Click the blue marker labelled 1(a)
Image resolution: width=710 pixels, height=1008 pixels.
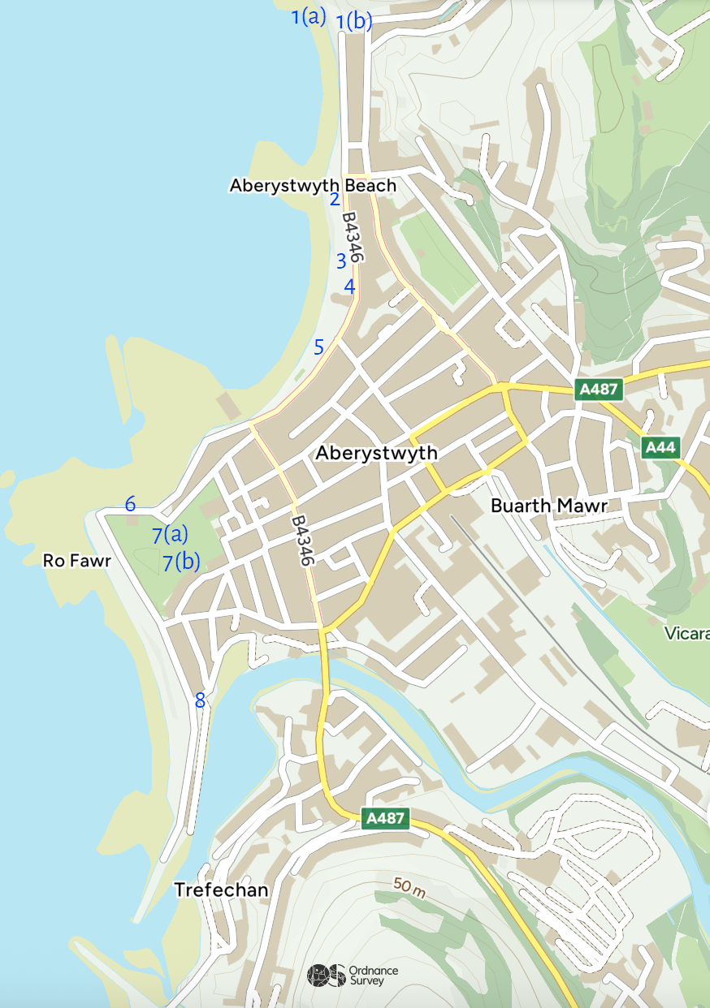coord(309,15)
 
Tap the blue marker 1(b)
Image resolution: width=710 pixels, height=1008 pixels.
coord(354,21)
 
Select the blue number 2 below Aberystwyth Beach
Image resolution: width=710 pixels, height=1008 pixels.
coord(335,199)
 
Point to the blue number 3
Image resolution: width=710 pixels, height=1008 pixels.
coord(341,261)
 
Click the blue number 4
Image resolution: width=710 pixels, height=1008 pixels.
coord(349,286)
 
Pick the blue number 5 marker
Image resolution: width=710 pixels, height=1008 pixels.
coord(319,347)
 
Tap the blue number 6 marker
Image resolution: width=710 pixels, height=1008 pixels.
coord(130,504)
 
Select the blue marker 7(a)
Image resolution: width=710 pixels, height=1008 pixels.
coord(170,535)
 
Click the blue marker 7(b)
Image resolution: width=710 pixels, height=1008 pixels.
coord(181,562)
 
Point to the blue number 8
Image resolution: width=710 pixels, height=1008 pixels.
coord(200,700)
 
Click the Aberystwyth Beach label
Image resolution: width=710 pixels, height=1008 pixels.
coord(313,186)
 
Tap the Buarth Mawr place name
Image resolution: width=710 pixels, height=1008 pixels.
coord(549,506)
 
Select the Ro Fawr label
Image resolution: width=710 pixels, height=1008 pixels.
coord(76,561)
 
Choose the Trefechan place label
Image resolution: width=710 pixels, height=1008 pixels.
coord(221,890)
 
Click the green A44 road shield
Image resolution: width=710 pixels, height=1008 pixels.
coord(660,447)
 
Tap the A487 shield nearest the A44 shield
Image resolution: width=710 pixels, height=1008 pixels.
coord(600,390)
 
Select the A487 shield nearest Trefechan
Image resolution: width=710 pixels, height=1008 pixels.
coord(385,818)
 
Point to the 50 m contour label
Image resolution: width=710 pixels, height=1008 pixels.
coord(409,887)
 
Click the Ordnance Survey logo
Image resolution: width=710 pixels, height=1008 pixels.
coord(353,975)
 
